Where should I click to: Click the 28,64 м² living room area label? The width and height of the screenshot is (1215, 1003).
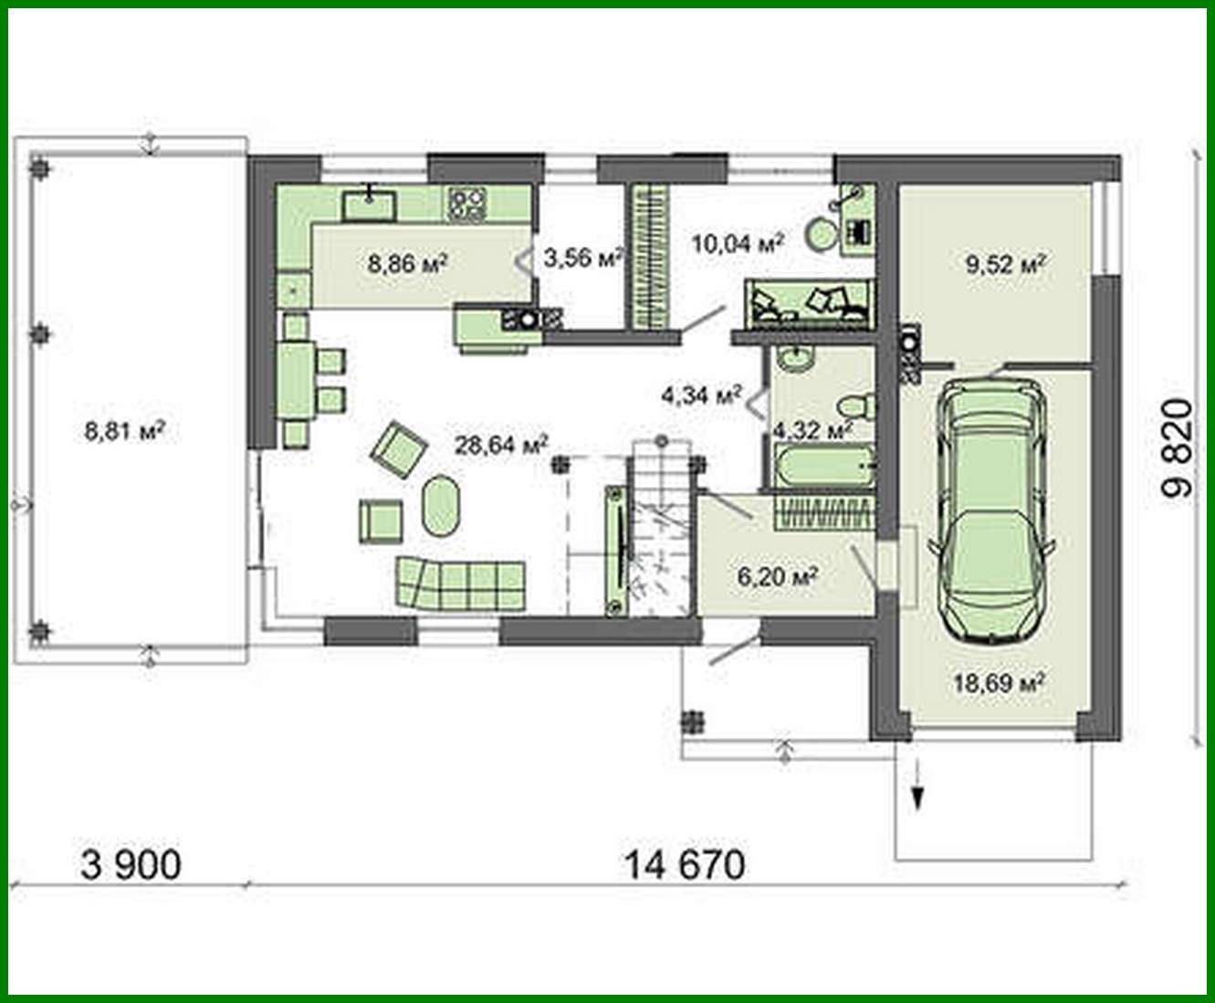tap(501, 445)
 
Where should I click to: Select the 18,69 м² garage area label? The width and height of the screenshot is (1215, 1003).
tap(999, 682)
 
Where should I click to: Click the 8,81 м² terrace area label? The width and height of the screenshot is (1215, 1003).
tap(124, 430)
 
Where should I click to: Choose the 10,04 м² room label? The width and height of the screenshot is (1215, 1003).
tap(738, 243)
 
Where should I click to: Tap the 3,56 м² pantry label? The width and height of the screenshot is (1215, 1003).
tap(582, 259)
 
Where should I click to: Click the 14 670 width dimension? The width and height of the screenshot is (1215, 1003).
tap(684, 864)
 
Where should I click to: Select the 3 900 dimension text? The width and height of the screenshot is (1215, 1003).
tap(131, 864)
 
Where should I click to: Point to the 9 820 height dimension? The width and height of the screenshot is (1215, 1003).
tap(1178, 448)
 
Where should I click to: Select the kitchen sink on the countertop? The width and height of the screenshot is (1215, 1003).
tap(370, 205)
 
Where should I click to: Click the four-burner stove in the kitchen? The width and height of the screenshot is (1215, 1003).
tap(466, 204)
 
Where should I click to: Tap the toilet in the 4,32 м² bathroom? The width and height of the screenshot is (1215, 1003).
tap(858, 405)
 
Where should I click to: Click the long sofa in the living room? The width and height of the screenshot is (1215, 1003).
tap(460, 583)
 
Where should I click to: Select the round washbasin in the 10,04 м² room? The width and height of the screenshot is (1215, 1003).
tap(822, 234)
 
